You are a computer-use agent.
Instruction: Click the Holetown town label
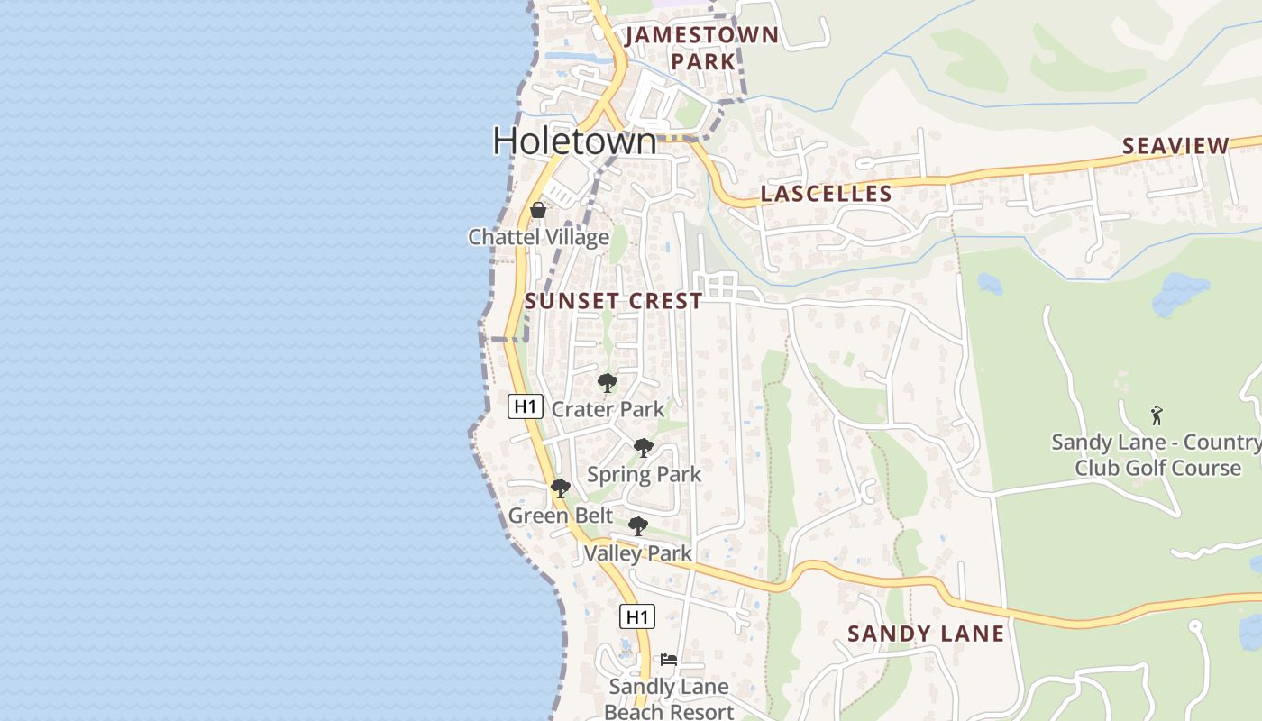(x=575, y=141)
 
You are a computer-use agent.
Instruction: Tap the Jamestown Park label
(x=702, y=48)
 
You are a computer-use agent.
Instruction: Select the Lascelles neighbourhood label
(x=826, y=194)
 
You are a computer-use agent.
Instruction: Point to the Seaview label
(x=1175, y=146)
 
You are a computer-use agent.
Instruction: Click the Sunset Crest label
(x=613, y=301)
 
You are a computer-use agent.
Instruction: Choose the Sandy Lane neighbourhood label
(x=926, y=634)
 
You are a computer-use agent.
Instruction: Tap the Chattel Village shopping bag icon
(x=538, y=211)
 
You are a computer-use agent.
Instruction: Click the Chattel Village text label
(x=538, y=237)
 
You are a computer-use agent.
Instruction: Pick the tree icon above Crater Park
(x=608, y=383)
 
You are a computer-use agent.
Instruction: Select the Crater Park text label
(x=608, y=409)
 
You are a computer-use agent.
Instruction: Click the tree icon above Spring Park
(x=643, y=448)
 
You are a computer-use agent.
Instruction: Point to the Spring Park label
(x=644, y=474)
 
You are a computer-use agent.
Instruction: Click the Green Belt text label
(x=560, y=516)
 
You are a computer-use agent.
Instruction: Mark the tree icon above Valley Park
(x=637, y=526)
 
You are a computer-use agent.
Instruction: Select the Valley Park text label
(x=637, y=553)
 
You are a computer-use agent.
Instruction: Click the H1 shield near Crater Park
(x=526, y=406)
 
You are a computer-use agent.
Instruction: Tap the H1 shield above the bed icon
(x=637, y=617)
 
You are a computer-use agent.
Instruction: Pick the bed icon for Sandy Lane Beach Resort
(x=668, y=660)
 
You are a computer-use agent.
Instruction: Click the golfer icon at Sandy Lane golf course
(x=1157, y=415)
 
